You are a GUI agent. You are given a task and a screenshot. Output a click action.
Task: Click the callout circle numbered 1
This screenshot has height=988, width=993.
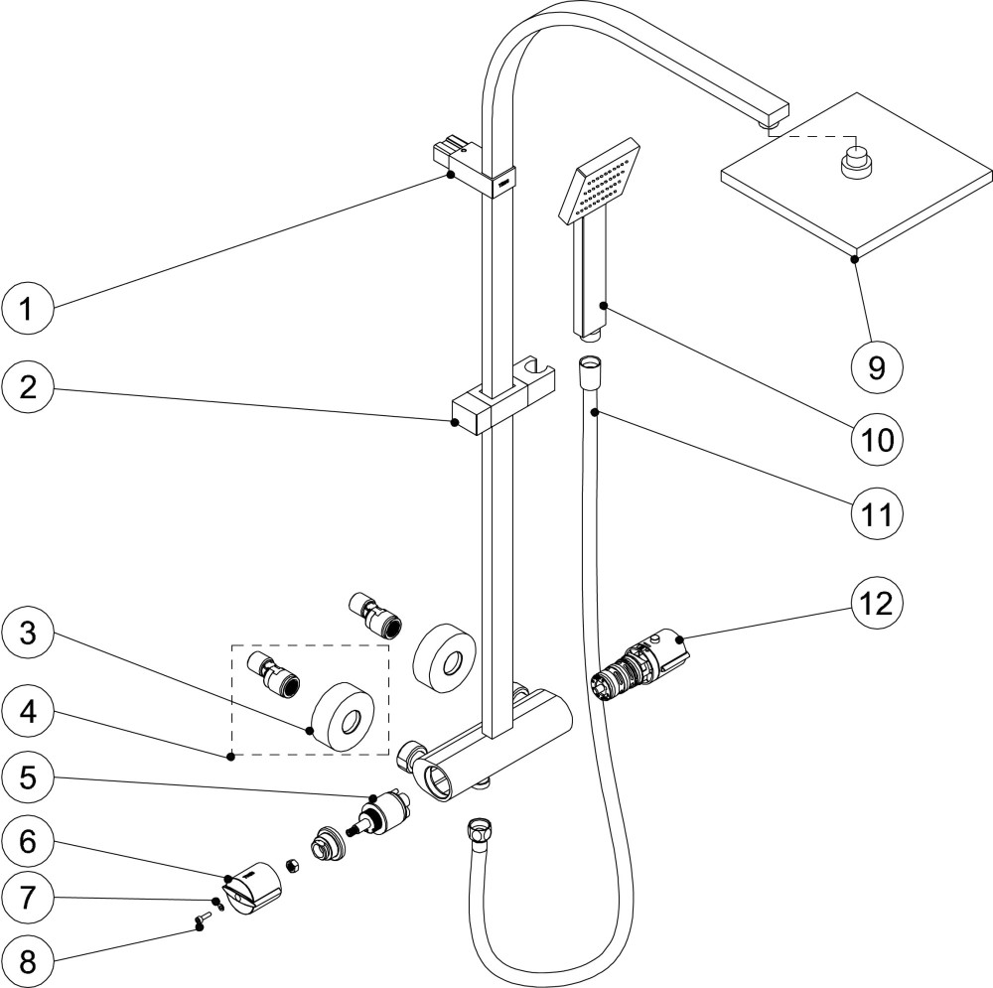[x=28, y=310]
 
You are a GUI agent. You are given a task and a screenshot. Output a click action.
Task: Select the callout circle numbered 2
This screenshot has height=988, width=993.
[x=28, y=386]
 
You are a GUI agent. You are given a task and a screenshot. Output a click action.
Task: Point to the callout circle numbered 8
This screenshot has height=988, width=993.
[x=28, y=960]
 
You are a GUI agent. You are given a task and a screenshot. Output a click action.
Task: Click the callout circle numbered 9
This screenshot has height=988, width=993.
[x=875, y=366]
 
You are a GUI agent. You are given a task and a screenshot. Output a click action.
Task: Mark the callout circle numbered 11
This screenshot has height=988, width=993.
[x=875, y=513]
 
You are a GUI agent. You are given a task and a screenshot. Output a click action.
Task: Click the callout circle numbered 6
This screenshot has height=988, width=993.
[x=28, y=840]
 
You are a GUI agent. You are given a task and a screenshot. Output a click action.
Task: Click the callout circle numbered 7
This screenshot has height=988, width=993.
[x=28, y=899]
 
